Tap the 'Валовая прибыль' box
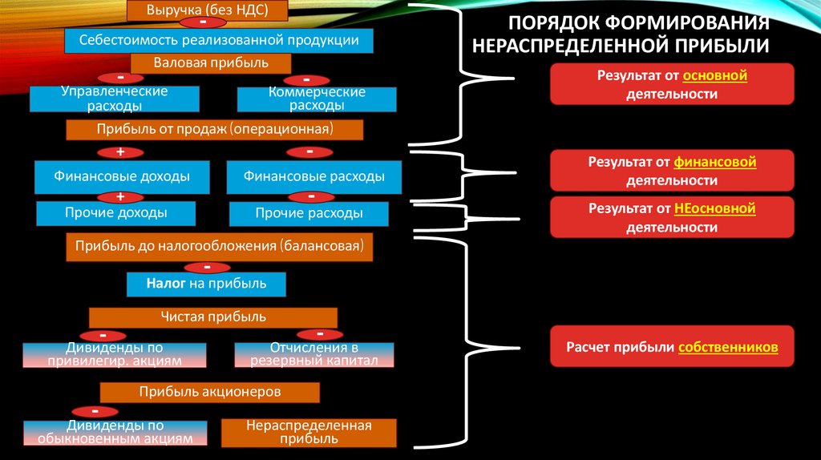[x=210, y=63]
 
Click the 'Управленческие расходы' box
[x=114, y=99]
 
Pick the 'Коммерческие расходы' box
[x=317, y=99]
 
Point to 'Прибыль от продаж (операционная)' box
[x=214, y=129]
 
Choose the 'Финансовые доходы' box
[x=122, y=176]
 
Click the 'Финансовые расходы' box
[x=313, y=176]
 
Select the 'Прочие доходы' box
[x=116, y=213]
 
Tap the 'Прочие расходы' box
[x=309, y=213]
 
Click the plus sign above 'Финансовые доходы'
[x=120, y=151]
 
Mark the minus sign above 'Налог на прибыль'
[x=207, y=267]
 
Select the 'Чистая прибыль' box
[x=213, y=317]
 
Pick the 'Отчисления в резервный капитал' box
[x=314, y=354]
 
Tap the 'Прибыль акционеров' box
[x=209, y=392]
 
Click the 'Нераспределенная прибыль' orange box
[x=309, y=432]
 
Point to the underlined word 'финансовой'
[x=715, y=163]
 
